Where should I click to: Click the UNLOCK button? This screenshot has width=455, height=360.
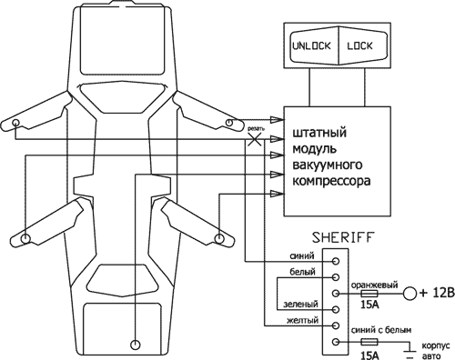coord(311,44)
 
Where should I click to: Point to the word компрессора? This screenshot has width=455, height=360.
coord(330,180)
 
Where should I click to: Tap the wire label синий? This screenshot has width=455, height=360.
coord(302,256)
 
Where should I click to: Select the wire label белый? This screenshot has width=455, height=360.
coord(301,273)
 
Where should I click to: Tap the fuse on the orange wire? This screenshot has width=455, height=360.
coord(369,294)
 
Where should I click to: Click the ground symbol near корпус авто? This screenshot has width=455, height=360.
coord(410,350)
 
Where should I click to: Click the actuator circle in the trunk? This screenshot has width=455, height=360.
coord(136,344)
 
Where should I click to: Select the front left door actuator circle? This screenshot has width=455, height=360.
coord(17,124)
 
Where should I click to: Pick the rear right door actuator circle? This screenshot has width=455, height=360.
coord(219,238)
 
